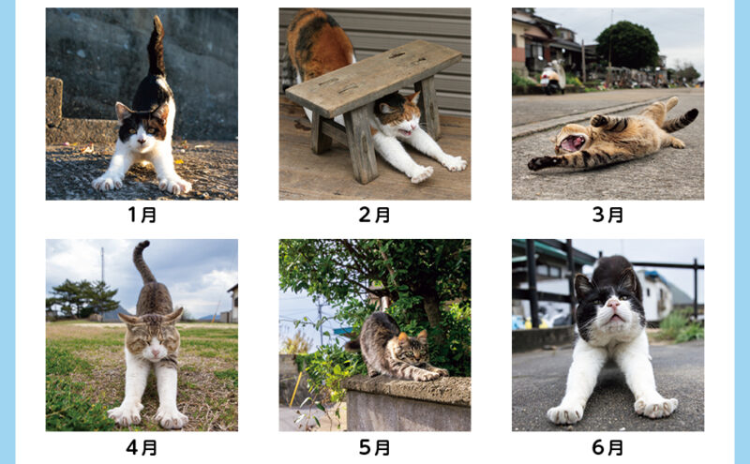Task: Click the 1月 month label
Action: (142, 215)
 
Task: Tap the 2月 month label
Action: (374, 215)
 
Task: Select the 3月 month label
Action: (607, 215)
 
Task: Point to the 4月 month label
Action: (142, 448)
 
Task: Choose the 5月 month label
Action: (374, 448)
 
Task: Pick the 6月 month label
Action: (607, 448)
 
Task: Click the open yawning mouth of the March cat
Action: (573, 142)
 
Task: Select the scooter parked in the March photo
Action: (552, 77)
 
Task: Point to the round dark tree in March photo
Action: (627, 45)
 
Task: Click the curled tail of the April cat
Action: (142, 261)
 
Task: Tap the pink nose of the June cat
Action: (613, 303)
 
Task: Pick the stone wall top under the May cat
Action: (408, 388)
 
